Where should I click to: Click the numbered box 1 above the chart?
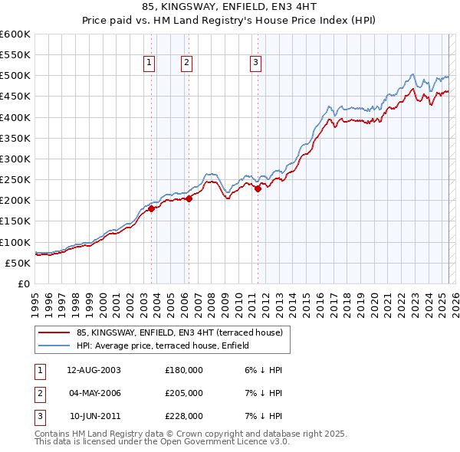click(x=148, y=64)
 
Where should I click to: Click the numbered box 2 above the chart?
click(x=186, y=64)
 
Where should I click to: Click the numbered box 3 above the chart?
click(x=255, y=64)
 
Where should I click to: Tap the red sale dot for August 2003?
click(x=152, y=208)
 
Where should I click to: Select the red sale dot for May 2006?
click(x=189, y=198)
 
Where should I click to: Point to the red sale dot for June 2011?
click(x=258, y=189)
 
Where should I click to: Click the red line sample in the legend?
click(x=54, y=332)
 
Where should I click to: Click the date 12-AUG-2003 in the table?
click(x=94, y=370)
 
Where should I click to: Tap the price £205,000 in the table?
click(x=184, y=393)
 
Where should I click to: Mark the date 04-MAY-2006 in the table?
click(x=94, y=393)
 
